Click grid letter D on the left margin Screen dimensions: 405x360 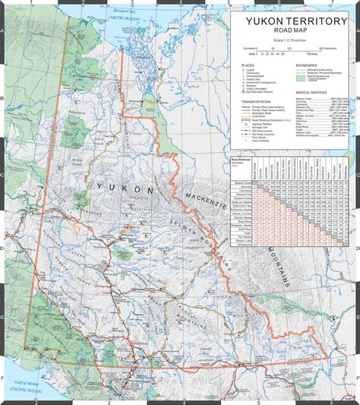pyautogui.click(x=3, y=248)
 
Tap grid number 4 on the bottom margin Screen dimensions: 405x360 pyautogui.click(x=185, y=402)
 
